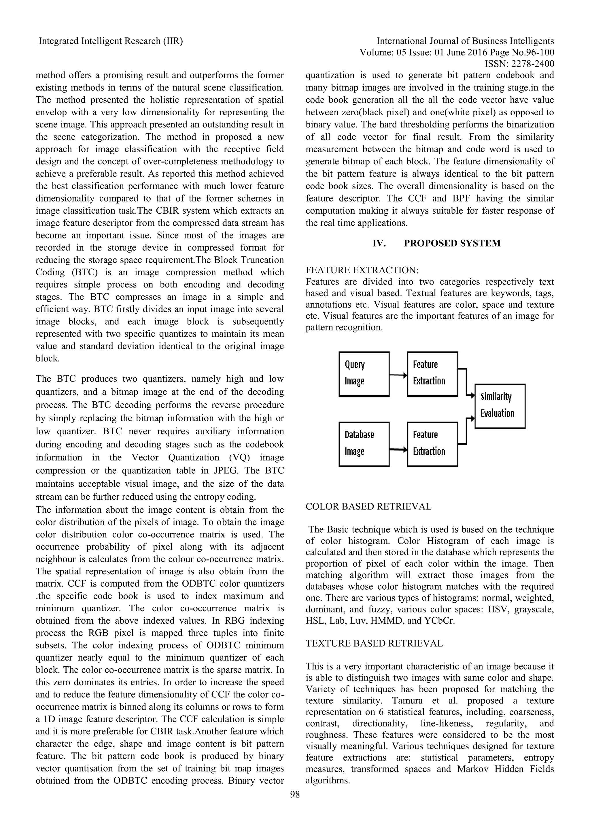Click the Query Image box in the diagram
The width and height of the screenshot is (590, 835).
(x=364, y=374)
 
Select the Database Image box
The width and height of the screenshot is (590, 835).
(x=364, y=444)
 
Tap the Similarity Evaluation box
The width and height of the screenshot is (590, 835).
(x=500, y=406)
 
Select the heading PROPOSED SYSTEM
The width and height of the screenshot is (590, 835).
(x=452, y=243)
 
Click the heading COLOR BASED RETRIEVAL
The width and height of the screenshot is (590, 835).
(x=368, y=507)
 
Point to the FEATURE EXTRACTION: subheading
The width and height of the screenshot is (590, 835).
(x=362, y=270)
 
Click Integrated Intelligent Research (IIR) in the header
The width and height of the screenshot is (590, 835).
(x=111, y=41)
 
